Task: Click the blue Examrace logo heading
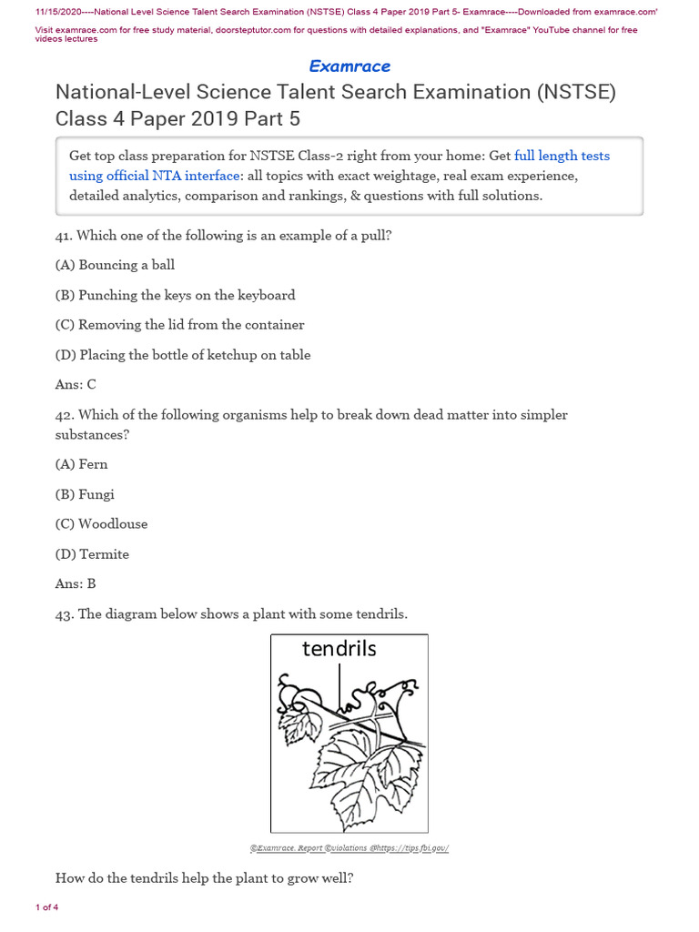(x=349, y=66)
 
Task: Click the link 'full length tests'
(x=562, y=156)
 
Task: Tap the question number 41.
(x=64, y=236)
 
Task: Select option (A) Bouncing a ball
(x=115, y=265)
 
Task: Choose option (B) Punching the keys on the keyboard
(x=175, y=295)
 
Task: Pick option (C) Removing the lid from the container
(x=179, y=325)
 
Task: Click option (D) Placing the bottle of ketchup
(x=183, y=355)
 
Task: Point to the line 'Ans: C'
(x=76, y=385)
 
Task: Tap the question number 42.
(x=64, y=415)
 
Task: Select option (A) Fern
(x=81, y=464)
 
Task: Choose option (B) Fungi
(x=85, y=494)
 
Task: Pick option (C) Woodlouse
(x=101, y=524)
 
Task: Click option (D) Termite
(x=92, y=554)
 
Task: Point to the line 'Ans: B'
(x=76, y=584)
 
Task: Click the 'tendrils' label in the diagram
(x=339, y=649)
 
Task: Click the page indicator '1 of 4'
(x=46, y=907)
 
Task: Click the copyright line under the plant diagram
(x=349, y=848)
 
